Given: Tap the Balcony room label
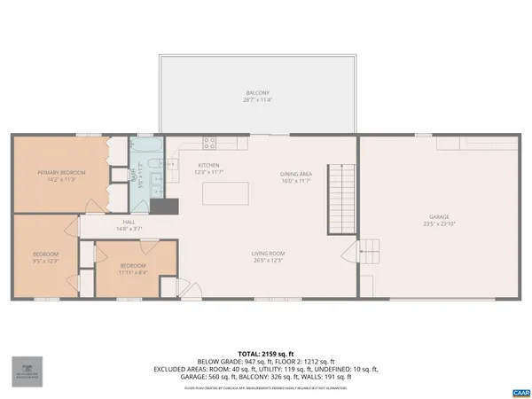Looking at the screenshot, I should click(x=257, y=93).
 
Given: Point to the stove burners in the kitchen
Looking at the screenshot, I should click(x=210, y=141).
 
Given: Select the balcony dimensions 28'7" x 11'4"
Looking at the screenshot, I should click(x=257, y=99).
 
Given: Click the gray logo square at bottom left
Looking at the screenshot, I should click(x=26, y=370).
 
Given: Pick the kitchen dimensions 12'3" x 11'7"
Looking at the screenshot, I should click(x=208, y=172).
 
